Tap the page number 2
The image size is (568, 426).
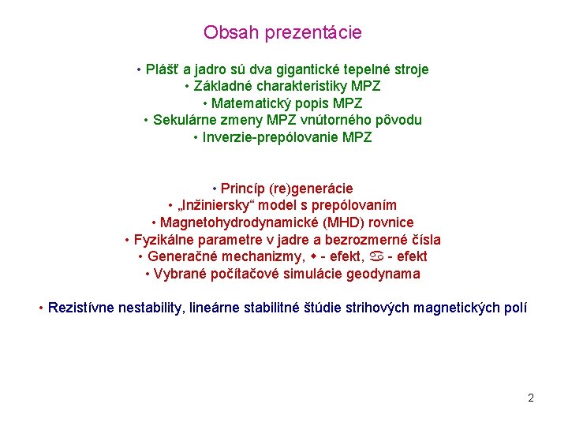[531, 398]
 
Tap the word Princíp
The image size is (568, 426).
[243, 189]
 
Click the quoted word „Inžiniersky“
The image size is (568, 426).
[219, 206]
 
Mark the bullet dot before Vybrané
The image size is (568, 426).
[148, 275]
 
